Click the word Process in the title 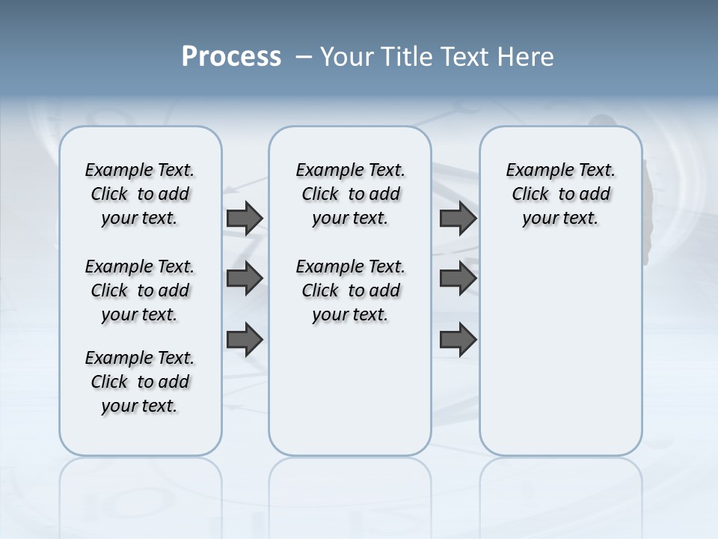[231, 56]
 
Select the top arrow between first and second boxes [245, 218]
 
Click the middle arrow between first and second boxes [245, 278]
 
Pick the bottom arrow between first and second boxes [245, 339]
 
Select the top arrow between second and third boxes [458, 218]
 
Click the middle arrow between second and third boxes [458, 278]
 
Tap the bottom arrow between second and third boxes [458, 339]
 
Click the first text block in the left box [140, 194]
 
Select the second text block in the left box [140, 290]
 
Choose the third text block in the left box [140, 382]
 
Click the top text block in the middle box [350, 194]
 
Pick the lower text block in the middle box [350, 290]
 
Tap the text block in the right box [560, 194]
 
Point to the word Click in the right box [530, 195]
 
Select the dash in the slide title [304, 57]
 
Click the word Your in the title [346, 56]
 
